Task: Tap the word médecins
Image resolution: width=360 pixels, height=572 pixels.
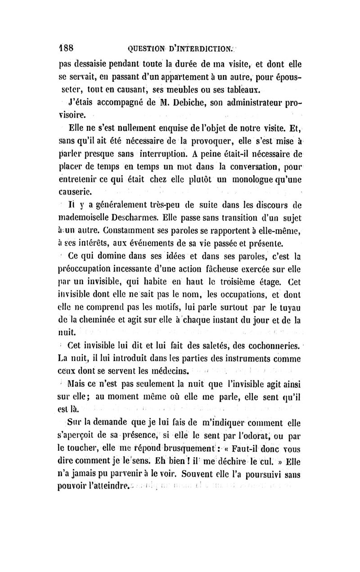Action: pyautogui.click(x=170, y=372)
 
